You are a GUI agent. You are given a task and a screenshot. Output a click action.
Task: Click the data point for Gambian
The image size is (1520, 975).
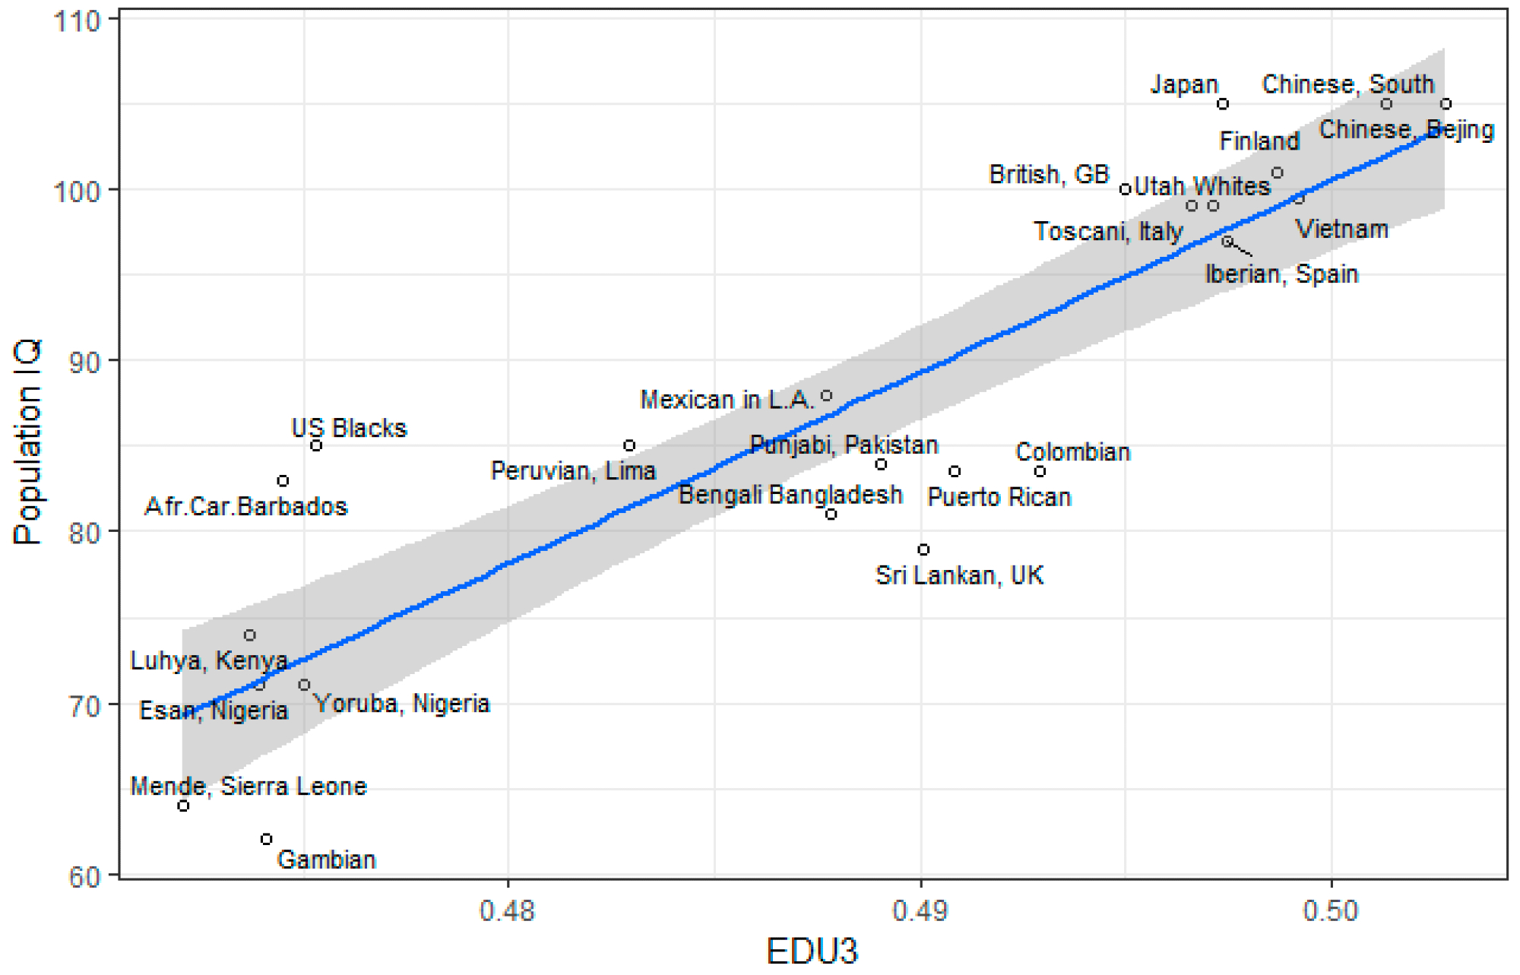point(266,839)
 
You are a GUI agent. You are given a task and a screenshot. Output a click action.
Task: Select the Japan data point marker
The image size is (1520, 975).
point(1223,104)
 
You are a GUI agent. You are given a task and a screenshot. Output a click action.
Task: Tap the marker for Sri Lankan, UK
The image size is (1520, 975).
point(923,549)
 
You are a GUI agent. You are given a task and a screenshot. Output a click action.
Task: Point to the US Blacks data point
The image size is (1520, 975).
point(316,445)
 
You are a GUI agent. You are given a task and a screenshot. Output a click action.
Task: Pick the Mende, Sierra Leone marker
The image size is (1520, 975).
point(183,806)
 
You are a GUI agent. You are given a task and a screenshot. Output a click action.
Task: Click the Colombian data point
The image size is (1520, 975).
point(1040,471)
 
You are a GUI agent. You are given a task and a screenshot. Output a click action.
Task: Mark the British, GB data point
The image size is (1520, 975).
point(1126,189)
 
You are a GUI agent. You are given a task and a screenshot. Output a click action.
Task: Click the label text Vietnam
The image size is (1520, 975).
point(1341,230)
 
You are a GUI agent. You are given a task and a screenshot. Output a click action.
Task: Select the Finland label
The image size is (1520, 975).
point(1259,141)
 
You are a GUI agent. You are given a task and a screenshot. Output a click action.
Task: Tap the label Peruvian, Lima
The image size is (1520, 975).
point(573,471)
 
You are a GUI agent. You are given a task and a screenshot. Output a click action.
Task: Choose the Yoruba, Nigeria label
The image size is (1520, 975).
point(402,704)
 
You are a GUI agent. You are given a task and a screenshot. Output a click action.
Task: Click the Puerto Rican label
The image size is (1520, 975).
point(999,498)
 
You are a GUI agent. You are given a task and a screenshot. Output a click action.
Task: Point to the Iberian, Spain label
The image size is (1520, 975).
point(1281,274)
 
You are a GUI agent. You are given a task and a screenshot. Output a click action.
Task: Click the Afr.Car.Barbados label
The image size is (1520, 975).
point(246,507)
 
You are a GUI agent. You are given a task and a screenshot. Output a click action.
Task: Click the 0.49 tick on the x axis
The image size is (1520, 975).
point(920,910)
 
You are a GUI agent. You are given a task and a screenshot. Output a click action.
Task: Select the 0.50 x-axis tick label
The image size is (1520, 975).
point(1331,910)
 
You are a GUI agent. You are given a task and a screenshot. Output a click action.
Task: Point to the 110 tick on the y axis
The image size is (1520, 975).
point(78,21)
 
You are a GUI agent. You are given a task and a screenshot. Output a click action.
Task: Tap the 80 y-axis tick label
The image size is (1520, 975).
point(84,533)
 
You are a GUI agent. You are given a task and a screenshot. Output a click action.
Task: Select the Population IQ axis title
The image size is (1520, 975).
point(27,442)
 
